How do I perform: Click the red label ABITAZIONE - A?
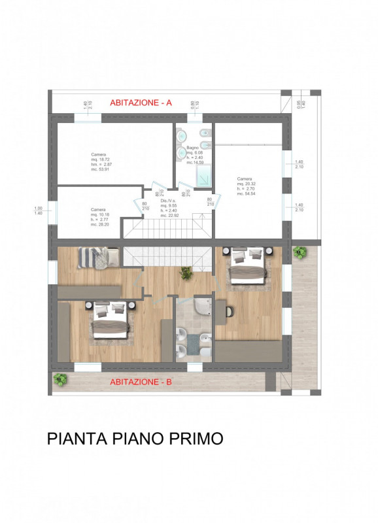[x=141, y=103]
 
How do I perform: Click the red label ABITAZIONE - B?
[x=141, y=382]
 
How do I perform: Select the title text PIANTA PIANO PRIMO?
[x=135, y=439]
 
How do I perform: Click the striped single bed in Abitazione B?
[x=98, y=256]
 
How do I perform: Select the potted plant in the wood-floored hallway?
[x=187, y=273]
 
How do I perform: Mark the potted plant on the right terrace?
[x=300, y=252]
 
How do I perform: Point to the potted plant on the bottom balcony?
[x=61, y=379]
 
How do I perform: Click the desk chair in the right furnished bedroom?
[x=230, y=311]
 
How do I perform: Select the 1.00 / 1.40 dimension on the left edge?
[x=39, y=211]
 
